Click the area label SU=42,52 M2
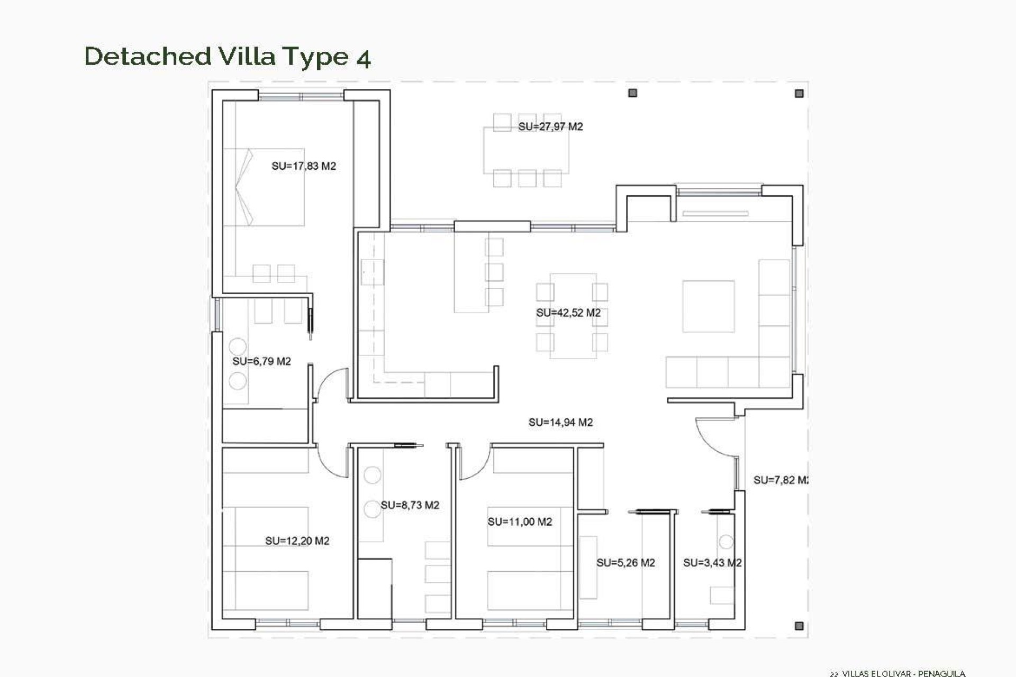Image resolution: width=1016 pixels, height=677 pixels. coord(568,313)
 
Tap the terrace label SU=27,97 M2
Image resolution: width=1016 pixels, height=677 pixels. coord(550,127)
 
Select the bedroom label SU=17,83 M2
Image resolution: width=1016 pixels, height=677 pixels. coord(304,166)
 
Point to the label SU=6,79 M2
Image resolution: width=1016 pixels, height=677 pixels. coord(261,361)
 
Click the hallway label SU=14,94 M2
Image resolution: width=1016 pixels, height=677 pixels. coord(560,422)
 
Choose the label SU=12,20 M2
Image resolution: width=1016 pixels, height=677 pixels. coord(297,541)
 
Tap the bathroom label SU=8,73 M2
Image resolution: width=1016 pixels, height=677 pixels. coord(410,505)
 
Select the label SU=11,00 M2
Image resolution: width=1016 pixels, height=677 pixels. coord(520,522)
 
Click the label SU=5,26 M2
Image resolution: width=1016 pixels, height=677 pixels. coord(625,563)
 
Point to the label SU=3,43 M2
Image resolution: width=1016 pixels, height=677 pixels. coord(712,563)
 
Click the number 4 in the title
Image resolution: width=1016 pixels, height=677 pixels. coord(363,57)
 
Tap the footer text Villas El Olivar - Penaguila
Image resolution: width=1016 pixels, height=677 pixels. coord(903,673)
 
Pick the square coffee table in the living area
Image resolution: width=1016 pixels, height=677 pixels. coord(708,306)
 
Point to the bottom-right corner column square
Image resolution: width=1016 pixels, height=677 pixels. coord(799,626)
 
